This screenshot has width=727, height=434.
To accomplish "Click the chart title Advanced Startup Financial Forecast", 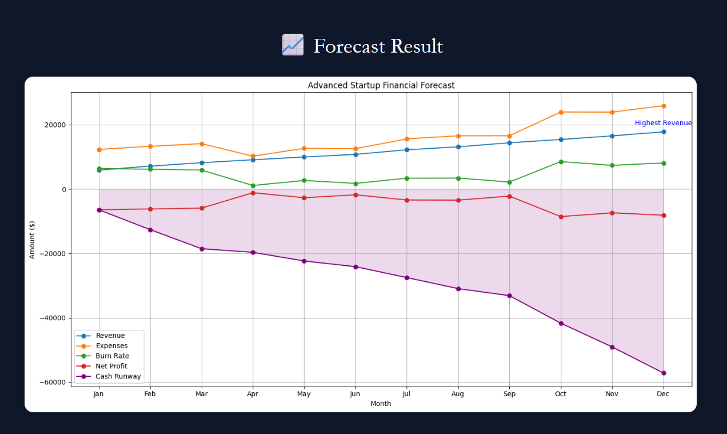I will pos(381,85).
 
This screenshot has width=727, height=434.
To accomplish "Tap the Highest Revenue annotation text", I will pos(663,123).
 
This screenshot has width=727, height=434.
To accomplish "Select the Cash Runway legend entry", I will pos(118,376).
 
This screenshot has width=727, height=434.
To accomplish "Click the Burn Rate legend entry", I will pos(112,356).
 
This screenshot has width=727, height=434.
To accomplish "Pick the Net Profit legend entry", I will pos(111,366).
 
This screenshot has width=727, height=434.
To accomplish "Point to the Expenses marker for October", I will pos(561,112).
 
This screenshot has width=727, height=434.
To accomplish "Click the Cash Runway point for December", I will pos(663,373).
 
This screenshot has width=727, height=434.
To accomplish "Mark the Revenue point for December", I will pos(663,132).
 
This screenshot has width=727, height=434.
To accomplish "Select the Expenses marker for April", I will pos(253,156).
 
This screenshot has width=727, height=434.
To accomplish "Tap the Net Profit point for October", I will pos(561,217).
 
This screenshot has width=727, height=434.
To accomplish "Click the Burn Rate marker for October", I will pos(561,162).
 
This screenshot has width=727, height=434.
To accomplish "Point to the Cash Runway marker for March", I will pos(201,249).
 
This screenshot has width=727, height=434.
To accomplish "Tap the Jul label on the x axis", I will pos(406,394).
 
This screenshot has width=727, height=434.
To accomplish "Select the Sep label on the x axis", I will pos(509,394).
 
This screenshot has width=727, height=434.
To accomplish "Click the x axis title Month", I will pos(381,404).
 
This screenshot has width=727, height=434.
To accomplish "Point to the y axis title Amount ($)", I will pos(33,240).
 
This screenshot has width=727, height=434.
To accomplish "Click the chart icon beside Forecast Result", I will pos(293,45).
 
